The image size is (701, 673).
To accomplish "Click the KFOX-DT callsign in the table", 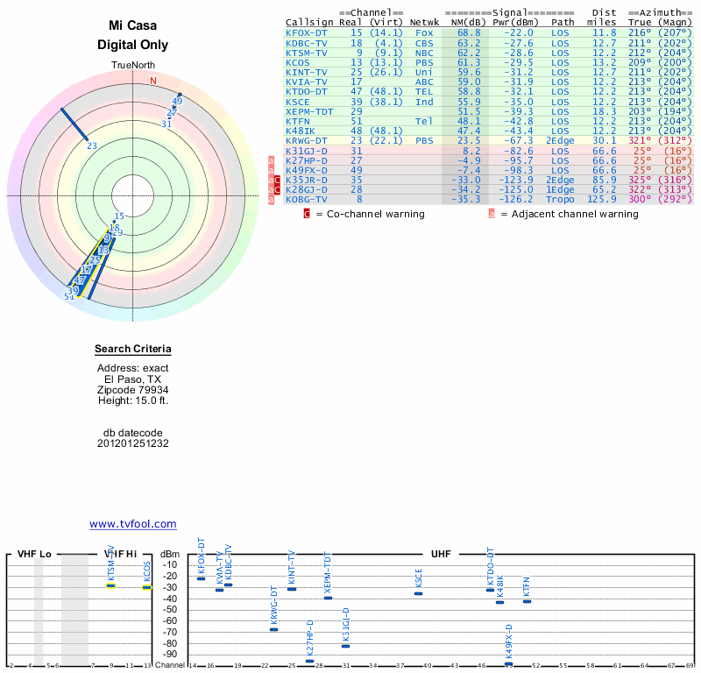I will (306, 32).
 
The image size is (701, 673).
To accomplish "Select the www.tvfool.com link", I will (133, 524).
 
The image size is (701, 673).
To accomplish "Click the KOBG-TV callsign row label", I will (306, 199).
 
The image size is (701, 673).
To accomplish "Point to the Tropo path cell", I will (560, 199).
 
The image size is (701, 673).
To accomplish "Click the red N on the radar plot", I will (153, 81).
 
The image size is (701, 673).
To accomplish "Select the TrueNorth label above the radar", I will (133, 66).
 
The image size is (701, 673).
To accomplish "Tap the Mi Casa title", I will (133, 26).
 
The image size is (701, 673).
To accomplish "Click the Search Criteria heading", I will (133, 350).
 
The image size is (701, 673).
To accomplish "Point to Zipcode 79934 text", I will (133, 390).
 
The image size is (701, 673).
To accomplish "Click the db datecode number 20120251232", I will (133, 443).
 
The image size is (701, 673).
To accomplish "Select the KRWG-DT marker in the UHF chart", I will (273, 629).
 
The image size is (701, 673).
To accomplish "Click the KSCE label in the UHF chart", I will (419, 577).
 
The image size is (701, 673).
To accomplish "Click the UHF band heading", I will (442, 555).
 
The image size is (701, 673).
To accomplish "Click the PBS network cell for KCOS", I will (424, 62).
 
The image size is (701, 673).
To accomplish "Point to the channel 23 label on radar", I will (92, 145).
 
